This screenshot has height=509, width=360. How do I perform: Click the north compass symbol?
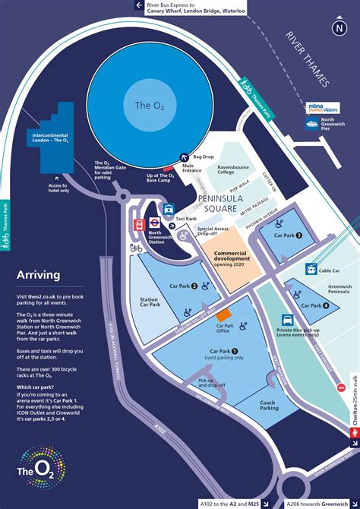tap(338, 28)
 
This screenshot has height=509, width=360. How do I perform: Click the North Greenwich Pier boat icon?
tap(311, 122)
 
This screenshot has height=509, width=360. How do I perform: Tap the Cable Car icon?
tap(311, 269)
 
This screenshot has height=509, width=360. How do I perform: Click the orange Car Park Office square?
tap(223, 315)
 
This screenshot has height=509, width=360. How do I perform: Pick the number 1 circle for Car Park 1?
tap(235, 351)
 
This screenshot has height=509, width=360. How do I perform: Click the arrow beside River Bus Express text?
tap(138, 5)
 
